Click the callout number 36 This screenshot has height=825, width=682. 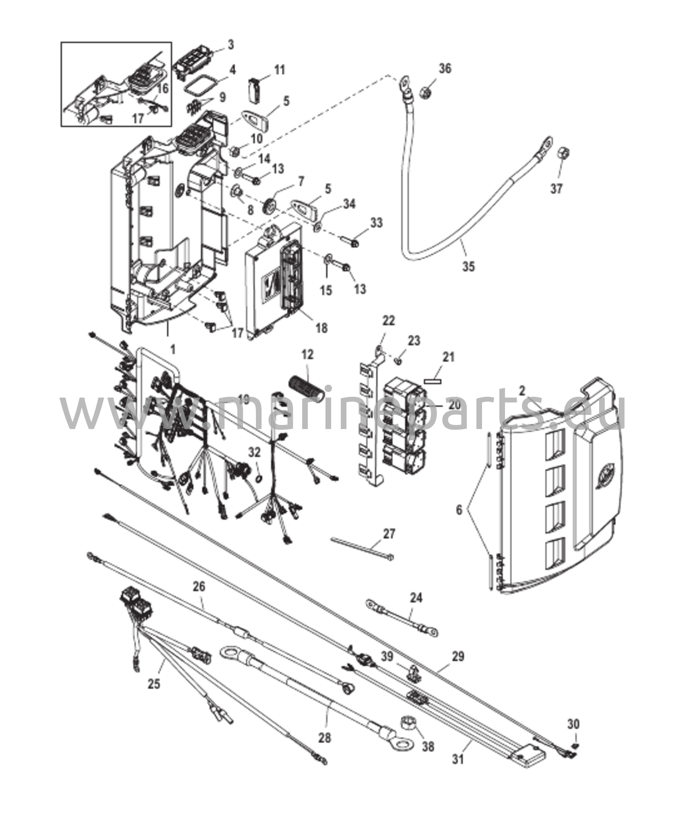(445, 68)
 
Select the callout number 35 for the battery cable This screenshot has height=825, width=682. (468, 266)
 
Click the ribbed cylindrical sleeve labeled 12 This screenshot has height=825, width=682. (306, 389)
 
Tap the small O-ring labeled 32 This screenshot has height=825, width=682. (260, 477)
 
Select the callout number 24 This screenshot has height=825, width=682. (416, 597)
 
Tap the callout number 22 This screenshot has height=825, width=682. (389, 321)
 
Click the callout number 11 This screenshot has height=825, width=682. (279, 69)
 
